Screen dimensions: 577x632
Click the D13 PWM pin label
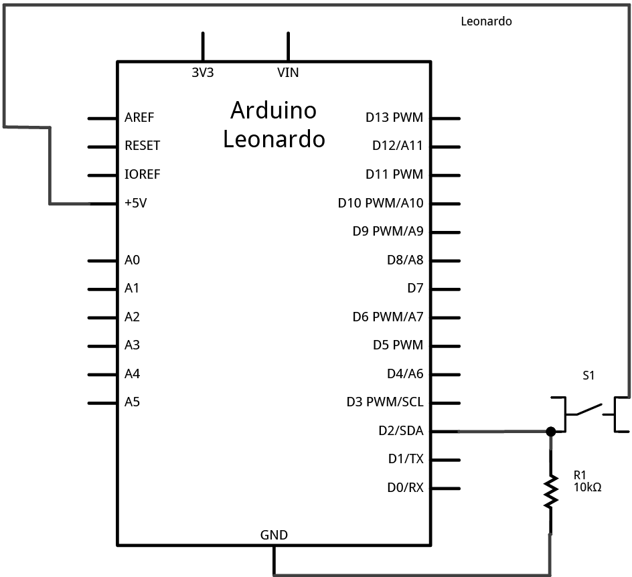[x=394, y=118]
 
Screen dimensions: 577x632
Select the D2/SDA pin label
[x=400, y=431]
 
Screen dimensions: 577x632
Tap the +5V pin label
[x=135, y=203]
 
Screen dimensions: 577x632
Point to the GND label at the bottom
[x=274, y=535]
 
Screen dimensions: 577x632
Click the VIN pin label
[x=288, y=73]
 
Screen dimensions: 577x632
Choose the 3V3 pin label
[x=202, y=73]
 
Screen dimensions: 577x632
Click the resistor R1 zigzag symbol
[x=551, y=491]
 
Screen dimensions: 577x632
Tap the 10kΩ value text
[x=587, y=487]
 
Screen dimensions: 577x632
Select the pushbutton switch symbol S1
[x=588, y=412]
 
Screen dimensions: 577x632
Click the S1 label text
[x=588, y=376]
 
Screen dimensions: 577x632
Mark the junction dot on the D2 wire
[x=551, y=432]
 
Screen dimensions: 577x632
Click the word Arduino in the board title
[x=273, y=110]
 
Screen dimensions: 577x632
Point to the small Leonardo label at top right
[x=486, y=21]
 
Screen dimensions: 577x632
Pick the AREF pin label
[x=139, y=118]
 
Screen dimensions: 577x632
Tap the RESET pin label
[x=142, y=146]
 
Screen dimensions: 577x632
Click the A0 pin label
[x=132, y=260]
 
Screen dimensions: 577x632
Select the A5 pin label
[x=132, y=402]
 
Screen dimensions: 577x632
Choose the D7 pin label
[x=415, y=288]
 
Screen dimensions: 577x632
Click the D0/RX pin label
[x=405, y=488]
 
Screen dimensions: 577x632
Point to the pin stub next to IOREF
[x=102, y=175]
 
